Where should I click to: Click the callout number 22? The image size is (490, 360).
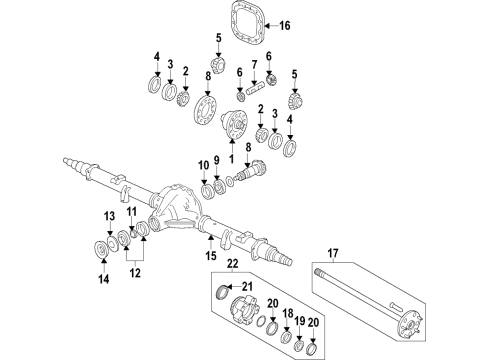[x=231, y=265]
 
